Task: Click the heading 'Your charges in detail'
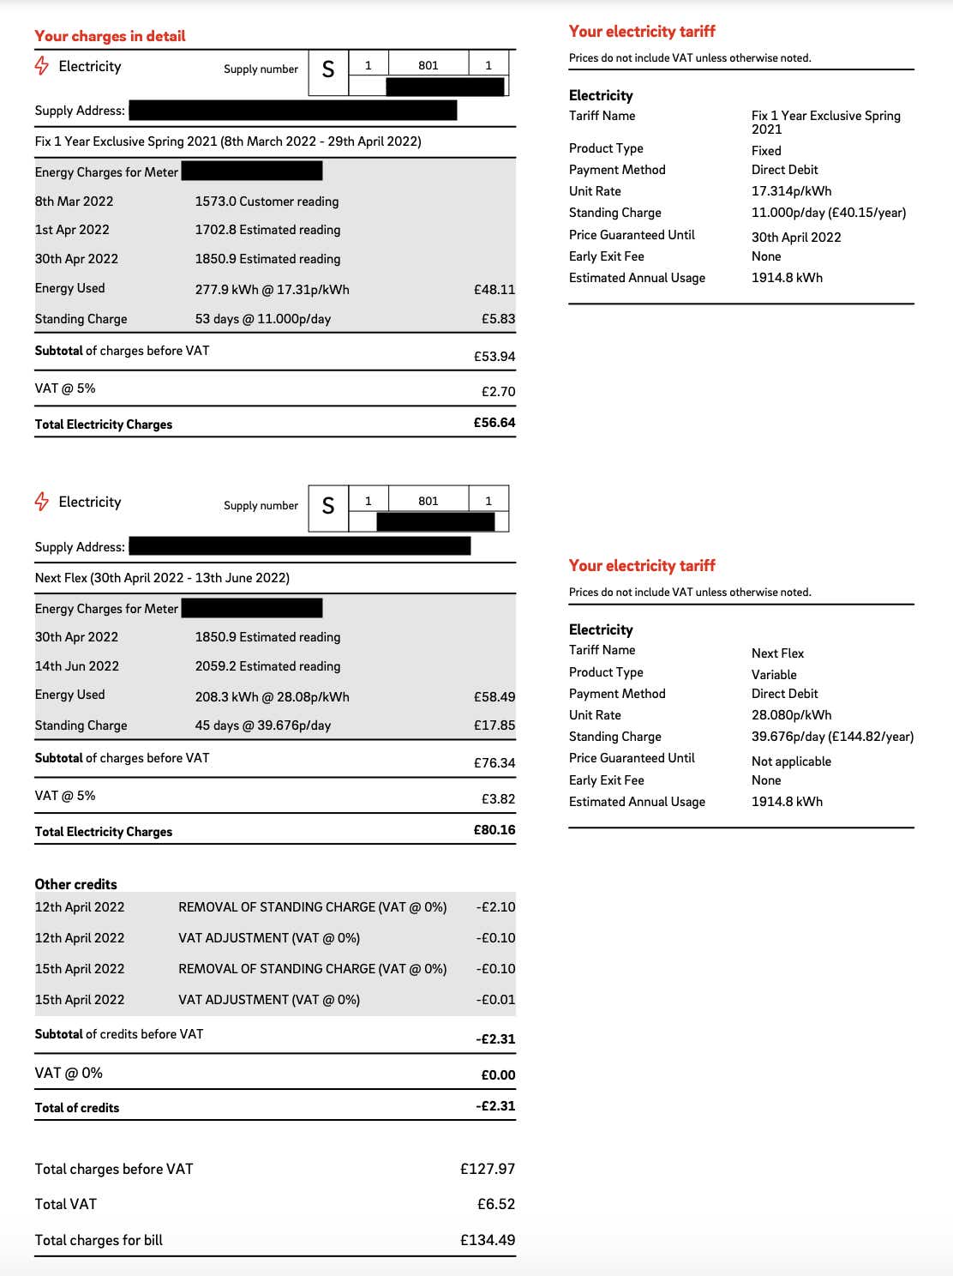click(110, 36)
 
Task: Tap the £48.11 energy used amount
click(494, 290)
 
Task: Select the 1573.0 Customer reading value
click(267, 202)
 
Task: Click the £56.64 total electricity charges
click(494, 423)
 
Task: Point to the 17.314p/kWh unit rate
click(791, 191)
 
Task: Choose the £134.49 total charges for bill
click(488, 1240)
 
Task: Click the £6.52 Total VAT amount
click(496, 1204)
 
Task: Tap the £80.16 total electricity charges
click(494, 830)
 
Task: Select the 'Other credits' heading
click(75, 884)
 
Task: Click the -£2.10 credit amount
click(495, 907)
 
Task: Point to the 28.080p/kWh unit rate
click(791, 715)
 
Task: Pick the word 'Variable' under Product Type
click(774, 675)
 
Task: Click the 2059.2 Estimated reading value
click(267, 666)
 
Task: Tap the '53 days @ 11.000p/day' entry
click(262, 319)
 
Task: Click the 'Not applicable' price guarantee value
click(791, 761)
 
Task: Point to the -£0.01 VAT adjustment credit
click(497, 1000)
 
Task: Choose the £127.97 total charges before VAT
click(488, 1169)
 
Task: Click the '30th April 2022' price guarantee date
click(796, 238)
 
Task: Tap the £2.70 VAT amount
click(498, 392)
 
